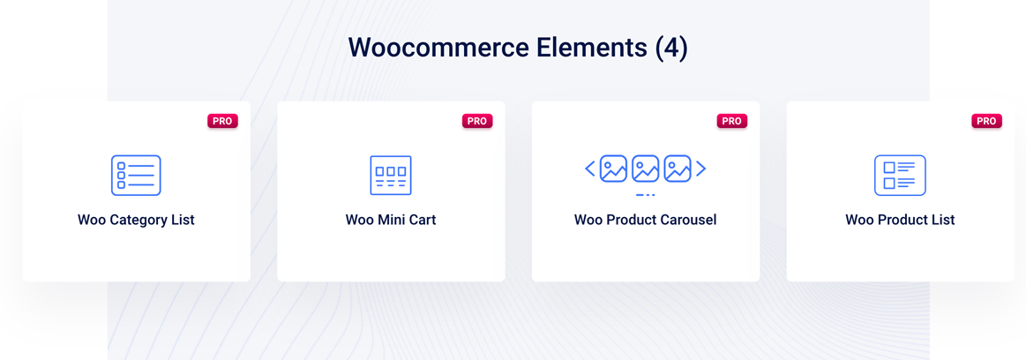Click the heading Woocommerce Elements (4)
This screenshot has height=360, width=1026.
click(518, 48)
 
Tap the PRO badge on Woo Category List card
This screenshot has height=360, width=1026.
click(222, 121)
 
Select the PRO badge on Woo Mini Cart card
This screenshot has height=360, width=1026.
click(477, 121)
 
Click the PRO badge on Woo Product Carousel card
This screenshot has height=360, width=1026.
click(731, 121)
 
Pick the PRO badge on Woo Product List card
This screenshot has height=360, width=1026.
click(986, 121)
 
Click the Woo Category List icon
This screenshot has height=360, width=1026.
click(136, 176)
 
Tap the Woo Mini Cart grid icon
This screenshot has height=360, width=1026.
click(391, 176)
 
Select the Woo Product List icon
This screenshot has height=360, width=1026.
click(901, 176)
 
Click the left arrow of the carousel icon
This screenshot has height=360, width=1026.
click(590, 169)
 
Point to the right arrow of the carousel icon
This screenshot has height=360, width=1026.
click(700, 169)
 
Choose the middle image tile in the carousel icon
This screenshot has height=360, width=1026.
click(645, 169)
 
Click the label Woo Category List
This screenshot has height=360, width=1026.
click(136, 220)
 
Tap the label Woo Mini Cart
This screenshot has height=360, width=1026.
click(391, 220)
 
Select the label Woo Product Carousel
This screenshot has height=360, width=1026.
click(645, 220)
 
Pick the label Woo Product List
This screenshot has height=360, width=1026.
click(901, 220)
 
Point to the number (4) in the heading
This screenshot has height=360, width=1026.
click(671, 49)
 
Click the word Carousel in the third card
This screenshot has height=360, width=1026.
click(690, 220)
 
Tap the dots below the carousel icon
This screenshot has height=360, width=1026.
click(645, 195)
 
